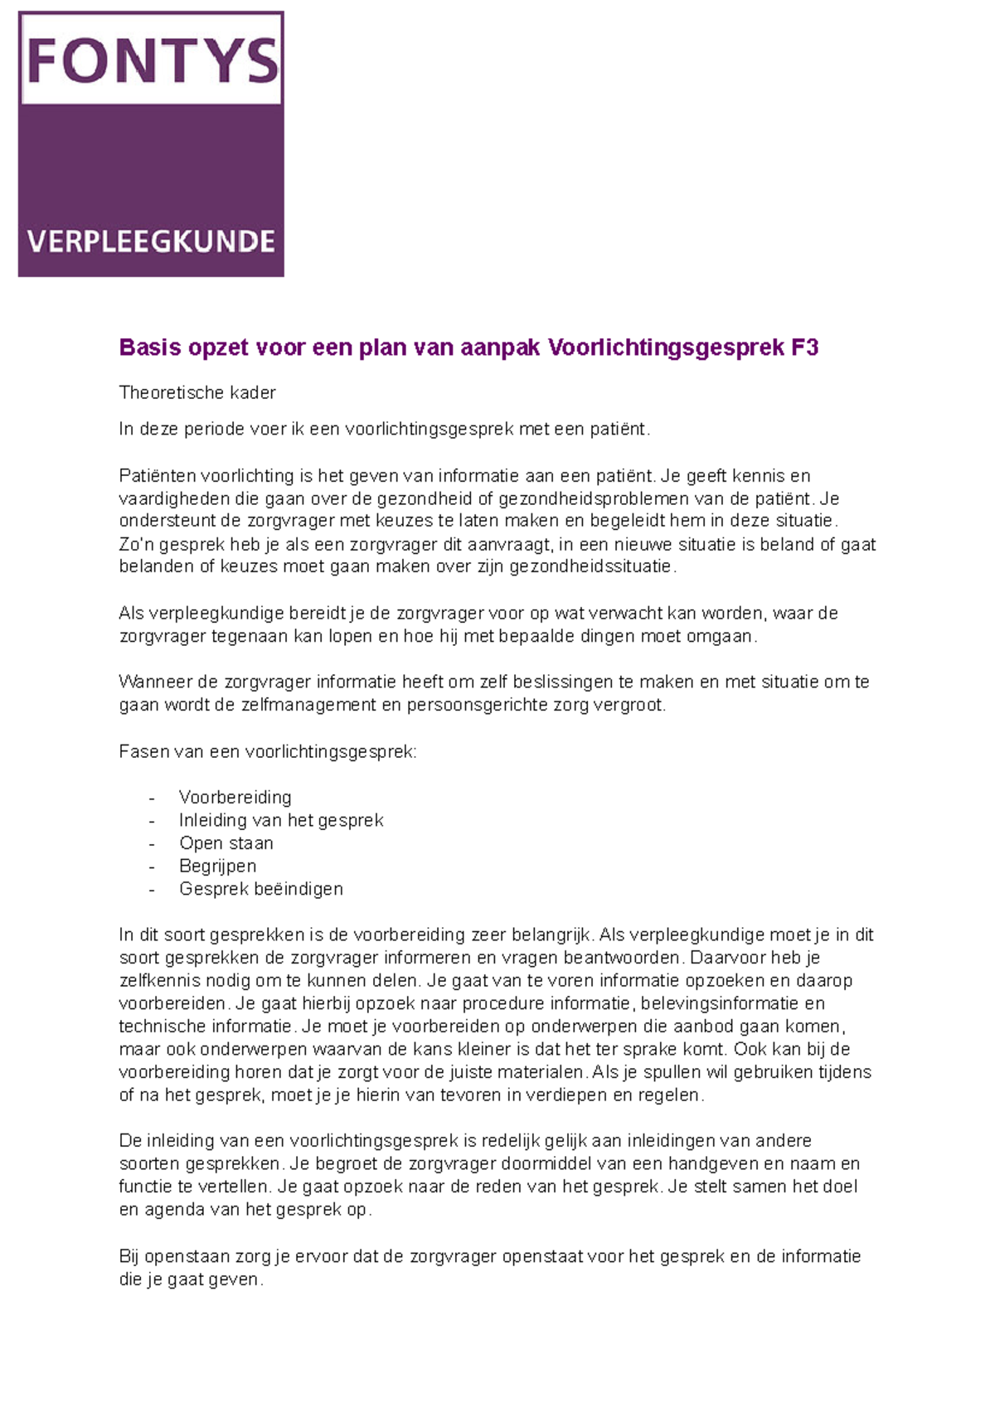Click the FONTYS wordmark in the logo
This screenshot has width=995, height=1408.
tap(152, 60)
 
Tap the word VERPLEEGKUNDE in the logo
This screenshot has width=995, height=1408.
tap(151, 241)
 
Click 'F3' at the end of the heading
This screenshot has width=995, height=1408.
tap(804, 347)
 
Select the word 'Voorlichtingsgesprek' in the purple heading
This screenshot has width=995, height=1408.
tap(666, 347)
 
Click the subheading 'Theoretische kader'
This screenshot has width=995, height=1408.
tap(197, 392)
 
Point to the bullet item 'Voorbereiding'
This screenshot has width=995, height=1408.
tap(235, 797)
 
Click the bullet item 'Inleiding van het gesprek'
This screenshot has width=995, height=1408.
tap(281, 820)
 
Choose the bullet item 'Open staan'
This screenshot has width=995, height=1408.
tap(226, 843)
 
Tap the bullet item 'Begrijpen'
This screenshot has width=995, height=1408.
tap(217, 866)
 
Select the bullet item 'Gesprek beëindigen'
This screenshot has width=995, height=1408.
tap(260, 889)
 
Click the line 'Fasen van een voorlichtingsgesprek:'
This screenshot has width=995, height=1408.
tap(268, 751)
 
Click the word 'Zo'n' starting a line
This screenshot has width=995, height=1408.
tap(136, 545)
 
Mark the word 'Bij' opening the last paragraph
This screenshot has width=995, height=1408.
tap(129, 1256)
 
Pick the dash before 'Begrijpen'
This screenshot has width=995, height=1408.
tap(152, 867)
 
